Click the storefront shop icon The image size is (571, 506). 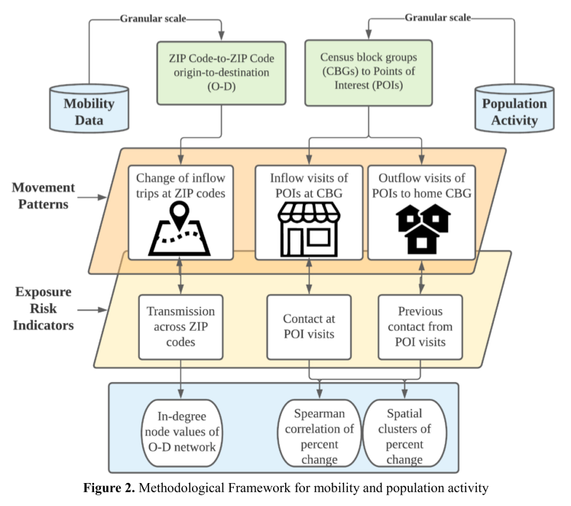[309, 228]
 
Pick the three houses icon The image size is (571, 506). [422, 228]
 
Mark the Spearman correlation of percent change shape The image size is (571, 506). [315, 433]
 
